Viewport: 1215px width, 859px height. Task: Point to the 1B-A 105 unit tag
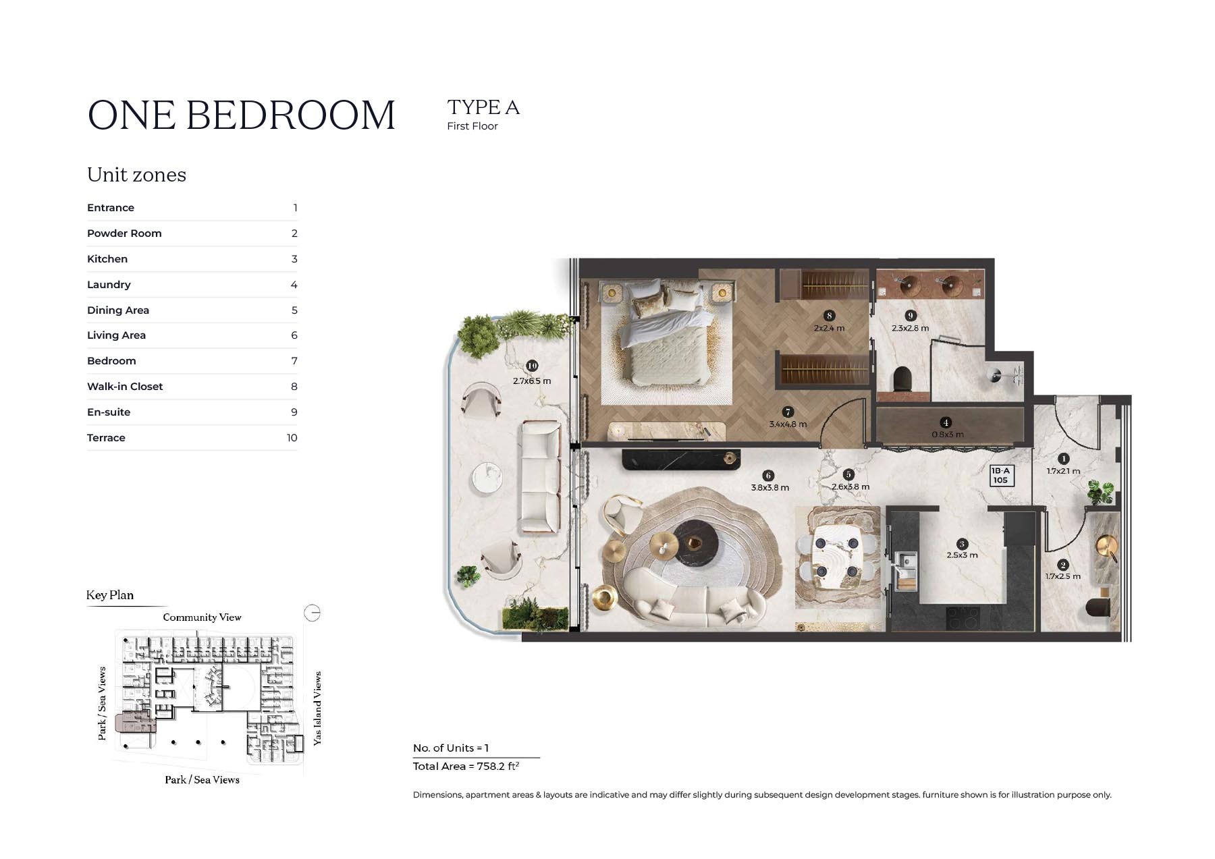coord(1000,476)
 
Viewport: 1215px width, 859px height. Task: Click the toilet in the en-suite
coord(902,379)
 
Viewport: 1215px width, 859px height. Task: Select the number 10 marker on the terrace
coord(532,366)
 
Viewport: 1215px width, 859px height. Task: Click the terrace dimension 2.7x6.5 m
coord(532,381)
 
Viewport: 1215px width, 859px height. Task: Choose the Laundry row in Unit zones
coord(192,285)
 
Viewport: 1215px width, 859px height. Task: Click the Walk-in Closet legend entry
coord(192,387)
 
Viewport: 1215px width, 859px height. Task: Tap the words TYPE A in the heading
coord(483,107)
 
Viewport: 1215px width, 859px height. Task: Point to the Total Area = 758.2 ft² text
coord(466,767)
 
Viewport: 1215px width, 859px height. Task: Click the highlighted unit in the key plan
coord(135,723)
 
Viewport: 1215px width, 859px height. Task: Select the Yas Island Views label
coord(317,708)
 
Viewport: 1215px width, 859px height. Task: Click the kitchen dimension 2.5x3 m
coord(962,555)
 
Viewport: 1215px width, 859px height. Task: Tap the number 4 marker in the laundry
coord(946,422)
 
